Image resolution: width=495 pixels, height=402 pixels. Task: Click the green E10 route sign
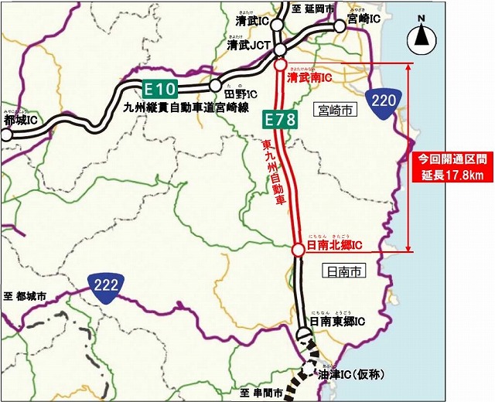(160, 87)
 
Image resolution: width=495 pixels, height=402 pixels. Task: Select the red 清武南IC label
(309, 78)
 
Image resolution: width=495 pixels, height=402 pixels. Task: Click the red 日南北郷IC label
(335, 246)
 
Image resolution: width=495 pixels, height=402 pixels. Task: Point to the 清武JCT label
(247, 46)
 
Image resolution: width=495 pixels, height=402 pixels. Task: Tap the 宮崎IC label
(364, 18)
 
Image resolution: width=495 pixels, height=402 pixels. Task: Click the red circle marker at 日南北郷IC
(298, 250)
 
